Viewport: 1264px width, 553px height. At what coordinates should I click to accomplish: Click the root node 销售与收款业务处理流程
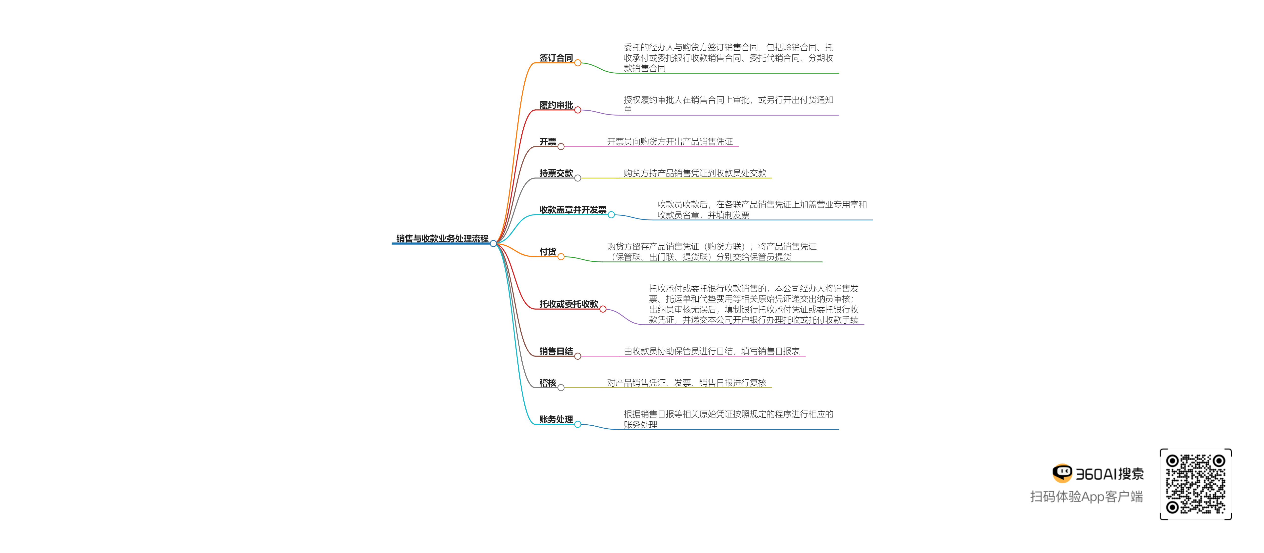[442, 238]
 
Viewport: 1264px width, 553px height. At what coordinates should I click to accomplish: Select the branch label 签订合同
[556, 58]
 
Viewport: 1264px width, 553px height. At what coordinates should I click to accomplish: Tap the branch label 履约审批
[556, 105]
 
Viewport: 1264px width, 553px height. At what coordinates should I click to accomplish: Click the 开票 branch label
[548, 142]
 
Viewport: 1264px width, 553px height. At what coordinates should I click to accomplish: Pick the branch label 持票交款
[556, 173]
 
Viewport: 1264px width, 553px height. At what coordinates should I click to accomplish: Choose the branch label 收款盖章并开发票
[573, 210]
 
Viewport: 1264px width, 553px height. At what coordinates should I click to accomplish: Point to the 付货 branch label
[548, 252]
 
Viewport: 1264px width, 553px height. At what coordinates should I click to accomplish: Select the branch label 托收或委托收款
[569, 304]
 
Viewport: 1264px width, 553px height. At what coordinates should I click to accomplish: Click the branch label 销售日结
[556, 351]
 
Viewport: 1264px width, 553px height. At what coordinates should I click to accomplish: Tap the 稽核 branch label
[548, 383]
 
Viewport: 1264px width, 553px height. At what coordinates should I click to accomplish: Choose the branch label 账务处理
[556, 419]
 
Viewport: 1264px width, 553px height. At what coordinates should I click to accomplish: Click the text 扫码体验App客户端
[1086, 496]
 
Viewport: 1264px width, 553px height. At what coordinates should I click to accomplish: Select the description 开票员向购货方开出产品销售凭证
[670, 142]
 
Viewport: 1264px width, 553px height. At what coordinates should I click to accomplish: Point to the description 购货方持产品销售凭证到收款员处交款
[695, 173]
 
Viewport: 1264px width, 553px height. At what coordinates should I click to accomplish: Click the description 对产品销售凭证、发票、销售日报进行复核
[687, 383]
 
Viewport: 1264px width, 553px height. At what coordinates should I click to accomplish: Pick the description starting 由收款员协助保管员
[711, 351]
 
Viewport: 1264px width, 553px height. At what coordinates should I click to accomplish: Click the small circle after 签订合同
[577, 63]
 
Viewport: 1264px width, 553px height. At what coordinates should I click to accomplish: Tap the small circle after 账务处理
[577, 424]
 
